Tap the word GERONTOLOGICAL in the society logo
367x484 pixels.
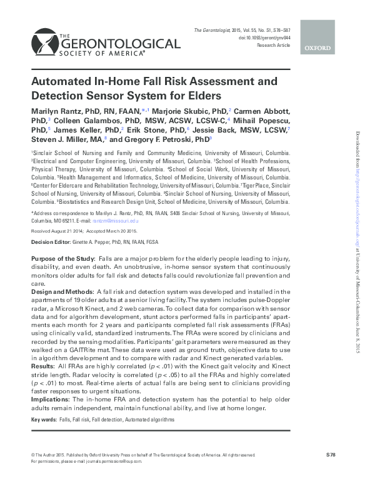click(x=118, y=44)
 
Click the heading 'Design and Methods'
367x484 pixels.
click(x=61, y=291)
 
